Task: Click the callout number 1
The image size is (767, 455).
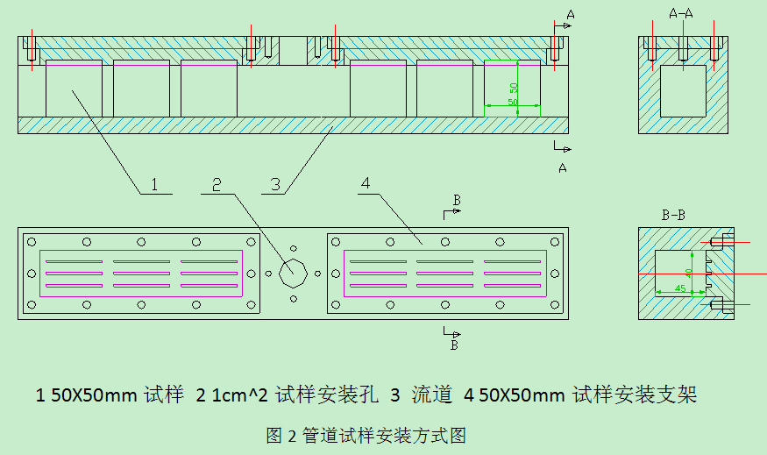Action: click(154, 184)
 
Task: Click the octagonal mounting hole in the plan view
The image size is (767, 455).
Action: click(292, 273)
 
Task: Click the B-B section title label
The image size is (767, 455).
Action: click(674, 214)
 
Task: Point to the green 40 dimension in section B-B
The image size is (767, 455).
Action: click(690, 272)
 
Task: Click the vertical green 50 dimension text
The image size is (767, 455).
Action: click(514, 89)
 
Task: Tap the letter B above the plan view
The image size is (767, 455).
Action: click(456, 201)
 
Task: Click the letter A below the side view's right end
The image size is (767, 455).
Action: click(562, 167)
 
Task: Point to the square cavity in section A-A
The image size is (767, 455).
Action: click(682, 90)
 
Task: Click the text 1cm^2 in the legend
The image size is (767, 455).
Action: click(235, 395)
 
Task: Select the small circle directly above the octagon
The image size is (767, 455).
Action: click(293, 248)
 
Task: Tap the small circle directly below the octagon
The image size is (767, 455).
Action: click(293, 298)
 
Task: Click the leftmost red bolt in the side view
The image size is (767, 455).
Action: click(32, 48)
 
